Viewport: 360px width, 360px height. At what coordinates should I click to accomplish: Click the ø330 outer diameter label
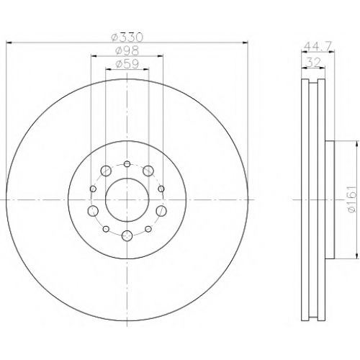click(x=127, y=37)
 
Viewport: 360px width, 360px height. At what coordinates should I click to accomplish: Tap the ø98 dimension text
click(x=127, y=50)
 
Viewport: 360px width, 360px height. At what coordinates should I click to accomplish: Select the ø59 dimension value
click(x=127, y=64)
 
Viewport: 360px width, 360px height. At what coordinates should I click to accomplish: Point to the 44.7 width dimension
click(x=318, y=45)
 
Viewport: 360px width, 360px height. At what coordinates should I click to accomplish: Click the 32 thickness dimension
click(x=313, y=63)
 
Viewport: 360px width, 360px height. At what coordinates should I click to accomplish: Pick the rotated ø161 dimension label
click(x=351, y=199)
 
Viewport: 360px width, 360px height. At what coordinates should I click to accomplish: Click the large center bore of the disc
click(x=127, y=199)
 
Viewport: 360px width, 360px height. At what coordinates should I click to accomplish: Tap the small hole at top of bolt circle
click(x=127, y=164)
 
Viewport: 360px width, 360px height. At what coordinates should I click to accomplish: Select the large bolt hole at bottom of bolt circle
click(x=127, y=235)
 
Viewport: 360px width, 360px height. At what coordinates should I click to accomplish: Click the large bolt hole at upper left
click(x=106, y=171)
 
